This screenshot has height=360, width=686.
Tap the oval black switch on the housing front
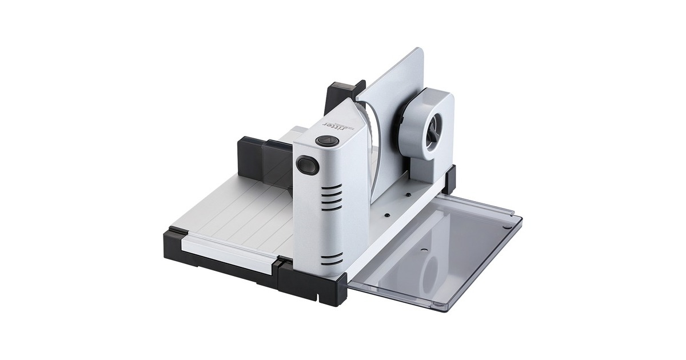[x=308, y=165]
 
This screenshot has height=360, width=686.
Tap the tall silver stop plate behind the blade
[x=394, y=80]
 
